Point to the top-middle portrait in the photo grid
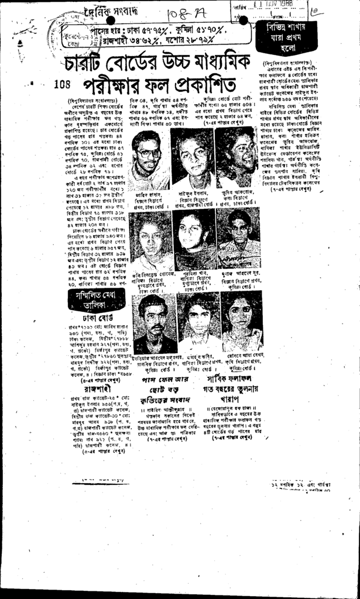pyautogui.click(x=193, y=155)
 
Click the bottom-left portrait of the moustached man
pyautogui.click(x=155, y=322)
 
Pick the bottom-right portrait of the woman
pyautogui.click(x=241, y=319)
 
